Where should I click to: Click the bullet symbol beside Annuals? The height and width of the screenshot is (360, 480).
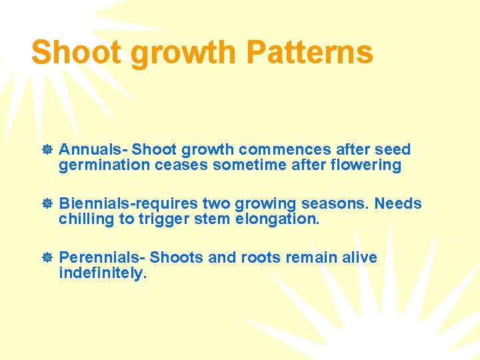pyautogui.click(x=47, y=150)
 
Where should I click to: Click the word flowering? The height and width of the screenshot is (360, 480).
pyautogui.click(x=366, y=165)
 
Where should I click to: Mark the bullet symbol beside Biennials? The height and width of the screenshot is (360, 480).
pyautogui.click(x=47, y=204)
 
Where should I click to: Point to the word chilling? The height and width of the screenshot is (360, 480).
pyautogui.click(x=86, y=219)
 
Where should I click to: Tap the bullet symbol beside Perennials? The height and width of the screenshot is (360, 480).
pyautogui.click(x=47, y=258)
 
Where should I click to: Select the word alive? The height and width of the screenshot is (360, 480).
pyautogui.click(x=359, y=258)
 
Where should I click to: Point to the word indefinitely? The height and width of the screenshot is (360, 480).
pyautogui.click(x=102, y=273)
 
